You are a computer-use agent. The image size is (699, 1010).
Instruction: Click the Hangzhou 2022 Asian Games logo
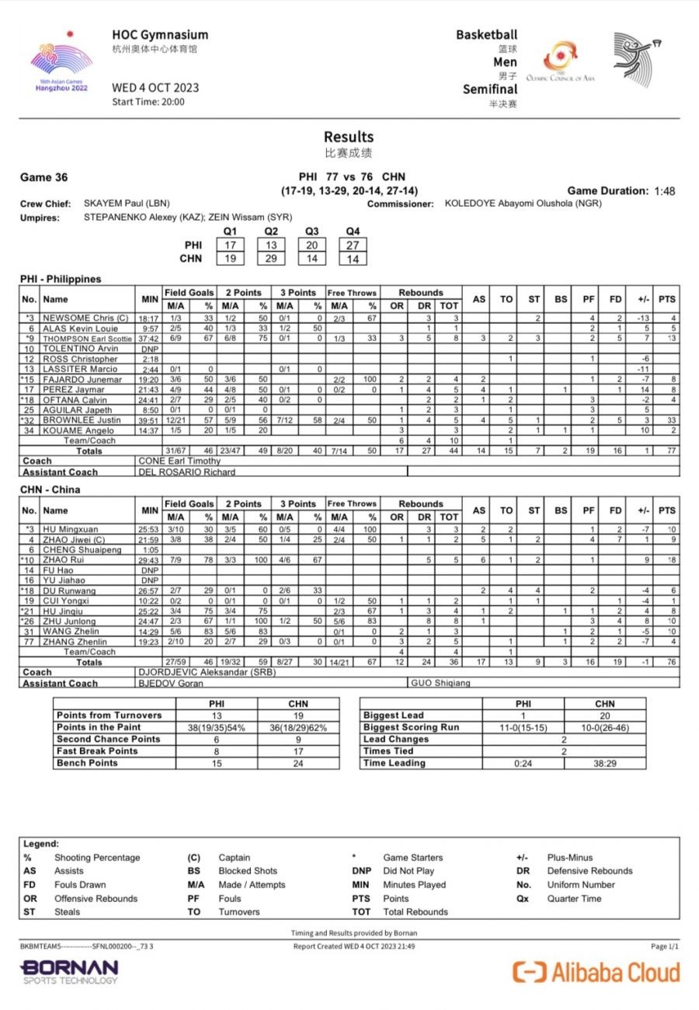(61, 64)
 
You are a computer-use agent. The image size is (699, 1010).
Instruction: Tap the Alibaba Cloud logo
(596, 971)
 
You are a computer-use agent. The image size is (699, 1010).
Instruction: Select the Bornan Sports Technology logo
(69, 971)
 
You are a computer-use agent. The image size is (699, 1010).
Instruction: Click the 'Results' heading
(349, 138)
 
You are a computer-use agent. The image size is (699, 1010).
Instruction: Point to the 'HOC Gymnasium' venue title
(160, 35)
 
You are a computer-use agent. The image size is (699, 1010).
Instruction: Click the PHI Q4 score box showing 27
(353, 245)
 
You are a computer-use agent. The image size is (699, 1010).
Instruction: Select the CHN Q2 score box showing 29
(270, 259)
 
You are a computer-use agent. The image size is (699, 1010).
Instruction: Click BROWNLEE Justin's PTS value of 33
(666, 420)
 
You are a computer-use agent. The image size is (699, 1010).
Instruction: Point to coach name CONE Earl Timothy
(179, 461)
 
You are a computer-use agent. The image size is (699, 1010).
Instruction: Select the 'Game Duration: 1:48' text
(621, 191)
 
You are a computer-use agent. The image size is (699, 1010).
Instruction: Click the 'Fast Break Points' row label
(97, 751)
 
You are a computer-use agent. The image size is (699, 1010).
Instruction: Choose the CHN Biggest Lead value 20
(604, 716)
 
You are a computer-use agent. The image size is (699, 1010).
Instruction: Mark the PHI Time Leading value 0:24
(523, 763)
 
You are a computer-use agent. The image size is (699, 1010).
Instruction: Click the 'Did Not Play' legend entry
(409, 871)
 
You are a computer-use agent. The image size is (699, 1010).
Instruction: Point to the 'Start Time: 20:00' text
(148, 102)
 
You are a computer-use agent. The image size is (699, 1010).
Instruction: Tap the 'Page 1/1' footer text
(664, 946)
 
